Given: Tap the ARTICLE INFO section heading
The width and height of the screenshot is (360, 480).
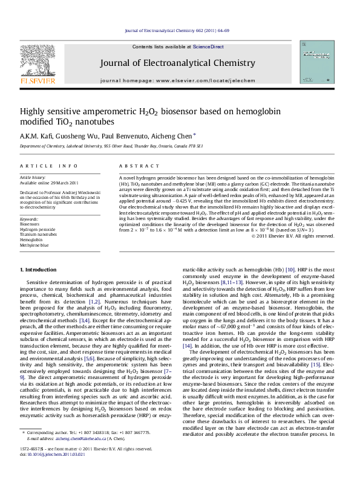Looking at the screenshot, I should point(49,166).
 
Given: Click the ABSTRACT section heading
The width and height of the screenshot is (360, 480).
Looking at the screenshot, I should point(131,166).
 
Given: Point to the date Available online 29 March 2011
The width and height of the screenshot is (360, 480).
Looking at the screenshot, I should point(50,183).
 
